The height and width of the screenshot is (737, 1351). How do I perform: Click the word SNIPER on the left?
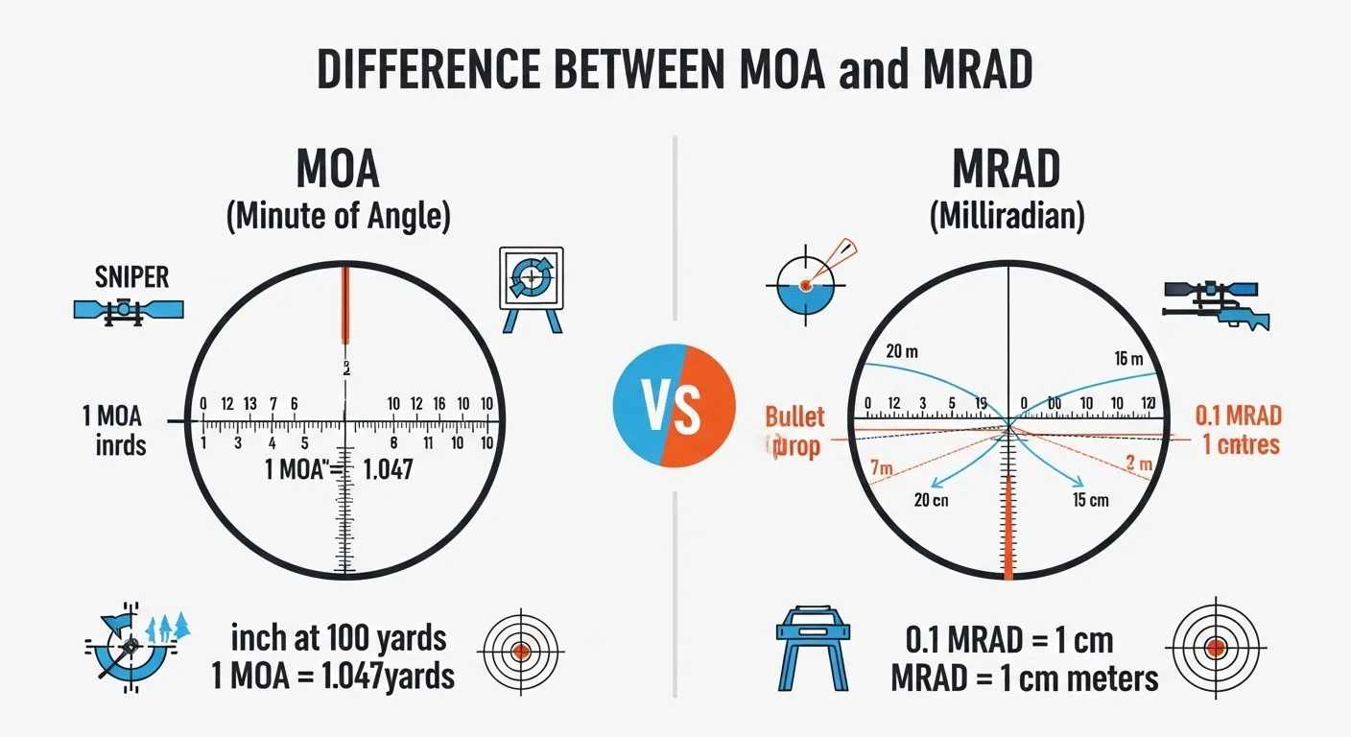click(131, 278)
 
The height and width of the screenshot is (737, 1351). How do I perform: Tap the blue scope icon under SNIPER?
click(129, 309)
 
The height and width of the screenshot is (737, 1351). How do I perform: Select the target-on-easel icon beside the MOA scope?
click(531, 288)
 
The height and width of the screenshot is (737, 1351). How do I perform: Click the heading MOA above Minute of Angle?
click(338, 170)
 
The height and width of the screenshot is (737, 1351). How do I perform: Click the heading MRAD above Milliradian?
click(1007, 170)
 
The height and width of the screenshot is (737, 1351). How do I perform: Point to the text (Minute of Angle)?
click(338, 217)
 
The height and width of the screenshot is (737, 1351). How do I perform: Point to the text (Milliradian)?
click(1007, 217)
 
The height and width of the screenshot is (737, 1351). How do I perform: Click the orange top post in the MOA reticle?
click(344, 305)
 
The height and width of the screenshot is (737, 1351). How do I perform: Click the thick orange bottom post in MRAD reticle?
click(1007, 528)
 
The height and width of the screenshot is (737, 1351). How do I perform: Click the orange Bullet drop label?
click(794, 432)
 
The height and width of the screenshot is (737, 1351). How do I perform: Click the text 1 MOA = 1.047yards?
click(333, 676)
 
